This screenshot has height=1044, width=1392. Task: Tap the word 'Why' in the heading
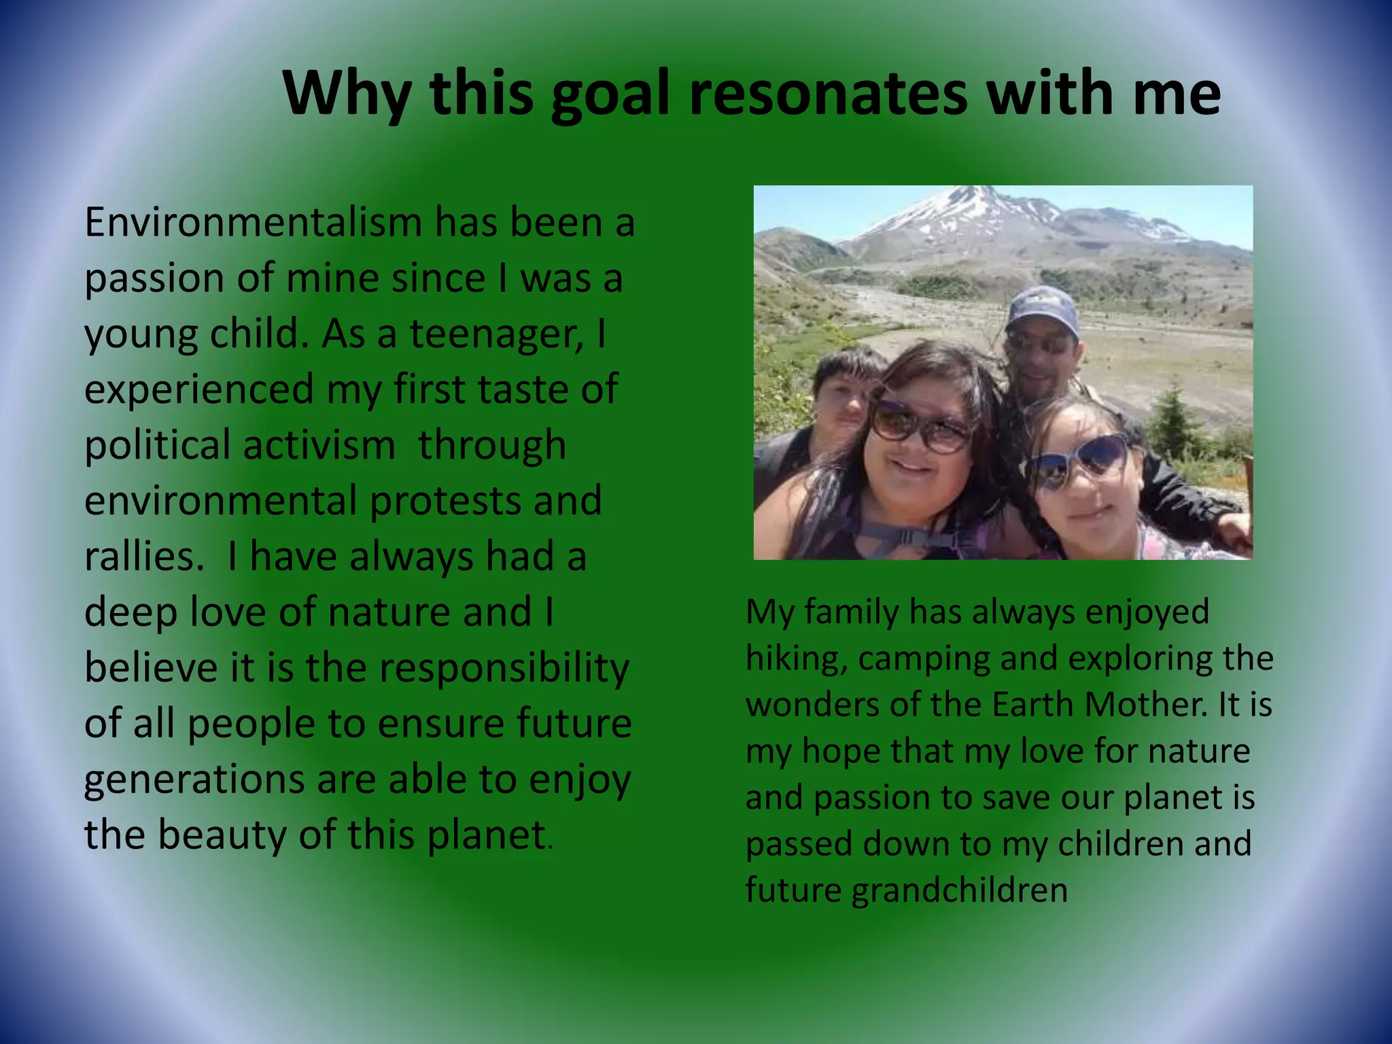coord(347,95)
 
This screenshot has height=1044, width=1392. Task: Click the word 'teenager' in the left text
coord(495,334)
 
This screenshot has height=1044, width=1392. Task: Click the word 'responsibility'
coord(504,668)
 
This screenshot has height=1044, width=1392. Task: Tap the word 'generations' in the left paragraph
coord(194,780)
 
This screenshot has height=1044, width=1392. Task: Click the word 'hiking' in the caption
coord(796,659)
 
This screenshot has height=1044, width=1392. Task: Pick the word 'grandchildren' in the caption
coord(959,890)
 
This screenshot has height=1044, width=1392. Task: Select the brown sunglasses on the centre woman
coord(921,426)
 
